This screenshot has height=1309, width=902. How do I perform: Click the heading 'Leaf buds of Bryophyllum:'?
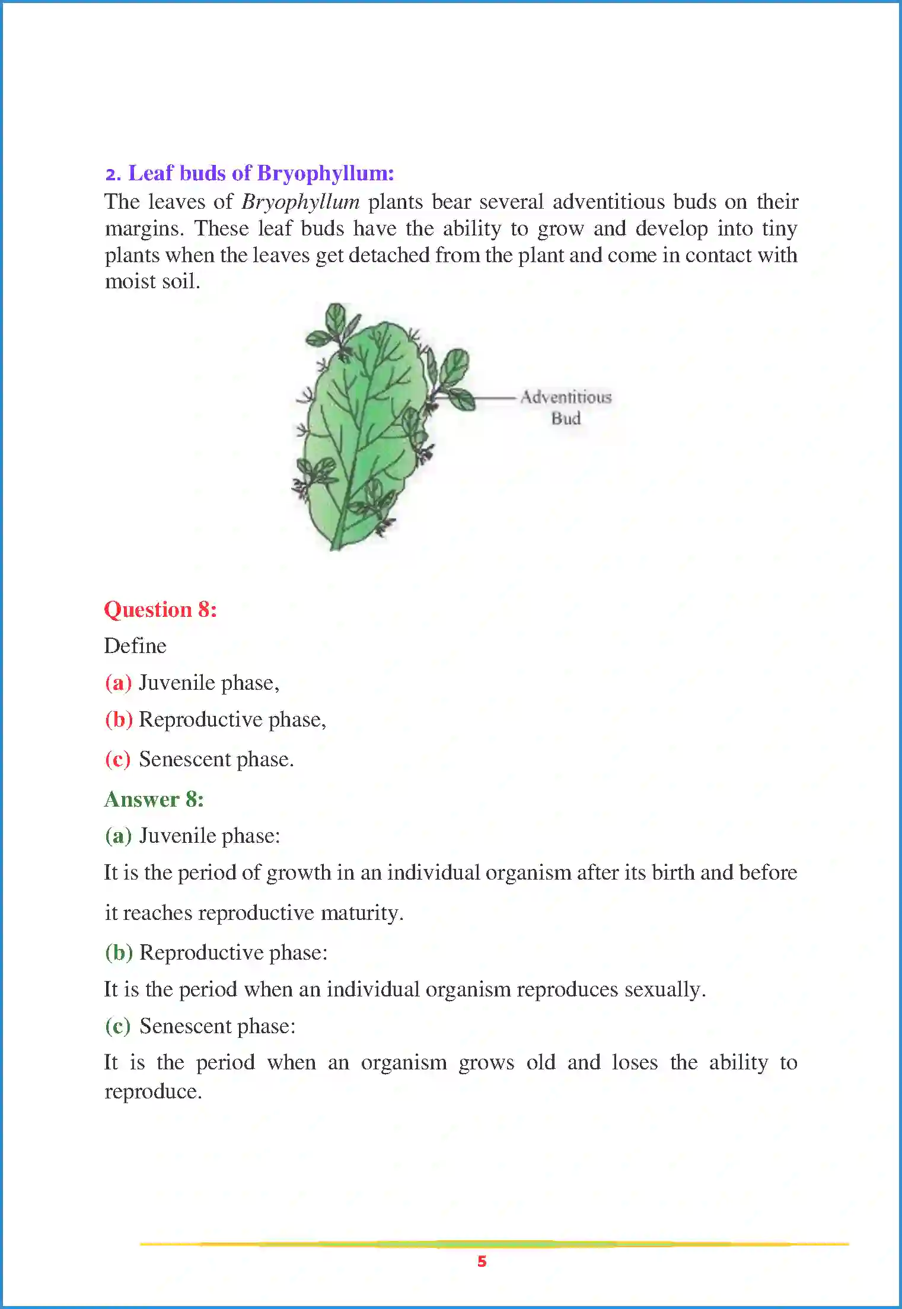261,173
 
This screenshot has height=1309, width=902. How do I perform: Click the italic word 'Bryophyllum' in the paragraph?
301,202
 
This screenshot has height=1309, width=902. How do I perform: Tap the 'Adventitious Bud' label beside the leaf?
566,407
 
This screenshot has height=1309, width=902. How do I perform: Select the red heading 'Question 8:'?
160,610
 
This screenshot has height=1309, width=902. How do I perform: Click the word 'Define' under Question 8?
135,646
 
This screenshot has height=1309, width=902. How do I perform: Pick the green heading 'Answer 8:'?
154,800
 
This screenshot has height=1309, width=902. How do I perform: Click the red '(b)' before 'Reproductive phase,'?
118,719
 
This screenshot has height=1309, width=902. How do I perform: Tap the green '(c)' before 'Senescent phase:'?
117,1026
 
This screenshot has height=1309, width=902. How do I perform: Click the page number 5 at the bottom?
482,1262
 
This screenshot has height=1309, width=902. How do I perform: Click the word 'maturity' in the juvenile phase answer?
359,913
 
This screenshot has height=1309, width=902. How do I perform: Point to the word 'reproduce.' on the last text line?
153,1091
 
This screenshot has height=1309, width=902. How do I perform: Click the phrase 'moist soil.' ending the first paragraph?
152,281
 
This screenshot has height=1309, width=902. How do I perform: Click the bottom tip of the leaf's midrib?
334,547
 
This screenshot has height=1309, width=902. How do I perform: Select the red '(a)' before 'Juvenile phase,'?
118,683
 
